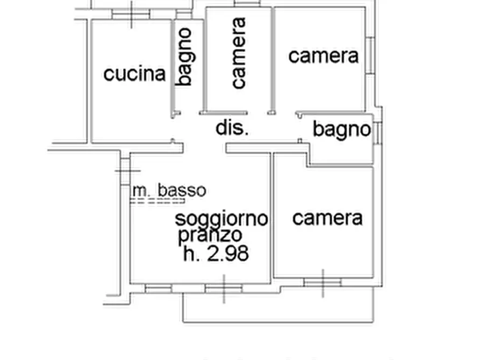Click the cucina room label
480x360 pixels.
click(134, 74)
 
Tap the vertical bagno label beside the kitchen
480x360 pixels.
click(184, 56)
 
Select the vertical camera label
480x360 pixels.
click(238, 53)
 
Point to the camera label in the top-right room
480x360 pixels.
click(323, 55)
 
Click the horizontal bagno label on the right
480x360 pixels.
click(342, 129)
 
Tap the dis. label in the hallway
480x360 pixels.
click(232, 128)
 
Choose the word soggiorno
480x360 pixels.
click(221, 219)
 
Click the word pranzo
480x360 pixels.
click(210, 235)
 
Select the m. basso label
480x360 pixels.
click(169, 190)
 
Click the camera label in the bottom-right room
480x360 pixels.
click(327, 218)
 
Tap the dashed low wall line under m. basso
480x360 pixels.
click(157, 201)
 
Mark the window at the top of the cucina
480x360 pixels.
click(131, 14)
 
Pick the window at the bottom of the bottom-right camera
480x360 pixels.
click(323, 282)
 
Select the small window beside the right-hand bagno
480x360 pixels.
click(378, 132)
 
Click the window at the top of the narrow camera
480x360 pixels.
click(247, 3)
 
